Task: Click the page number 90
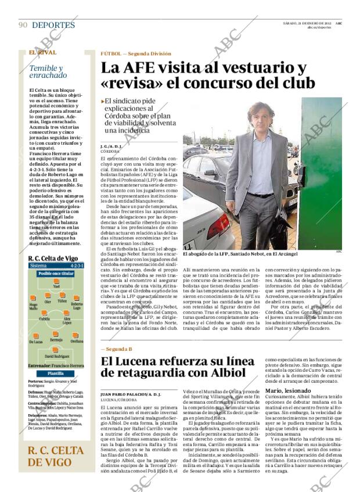coord(23,25)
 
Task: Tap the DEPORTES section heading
coord(53,25)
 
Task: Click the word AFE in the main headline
coord(153,67)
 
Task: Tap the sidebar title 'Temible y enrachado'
coord(48,71)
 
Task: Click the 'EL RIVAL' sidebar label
coord(42,53)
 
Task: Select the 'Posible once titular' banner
coord(56,273)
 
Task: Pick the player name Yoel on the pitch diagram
coord(56,286)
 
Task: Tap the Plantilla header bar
coord(56,374)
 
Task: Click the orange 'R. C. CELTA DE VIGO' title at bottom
coord(56,456)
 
